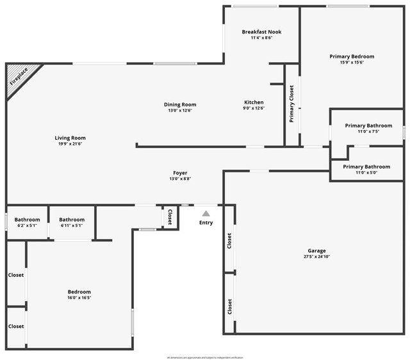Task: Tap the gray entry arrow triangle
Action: click(x=206, y=213)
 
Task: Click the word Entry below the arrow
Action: click(x=206, y=223)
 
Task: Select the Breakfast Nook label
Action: click(x=261, y=32)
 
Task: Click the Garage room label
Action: click(x=316, y=250)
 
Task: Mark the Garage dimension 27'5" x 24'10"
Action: click(x=316, y=257)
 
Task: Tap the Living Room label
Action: click(x=70, y=138)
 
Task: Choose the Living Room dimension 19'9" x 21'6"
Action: click(x=70, y=144)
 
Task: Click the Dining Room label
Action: click(x=180, y=104)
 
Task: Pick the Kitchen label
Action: click(x=254, y=102)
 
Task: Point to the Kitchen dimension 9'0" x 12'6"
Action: click(x=254, y=109)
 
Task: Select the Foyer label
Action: click(x=180, y=172)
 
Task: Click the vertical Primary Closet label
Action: click(x=291, y=104)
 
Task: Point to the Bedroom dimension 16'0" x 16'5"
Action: click(x=80, y=299)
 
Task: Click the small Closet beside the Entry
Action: click(x=170, y=218)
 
